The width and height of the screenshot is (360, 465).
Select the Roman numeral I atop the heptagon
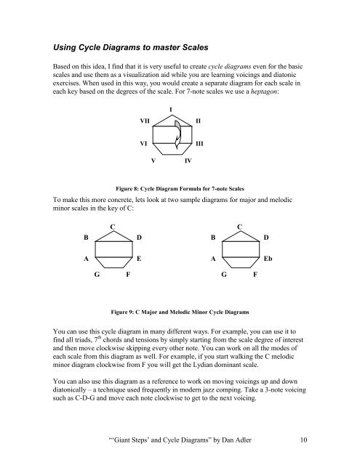(169, 109)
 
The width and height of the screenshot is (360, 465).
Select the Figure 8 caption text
(180, 185)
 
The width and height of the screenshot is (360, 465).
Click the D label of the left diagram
(139, 236)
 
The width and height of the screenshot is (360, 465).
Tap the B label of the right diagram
(213, 236)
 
